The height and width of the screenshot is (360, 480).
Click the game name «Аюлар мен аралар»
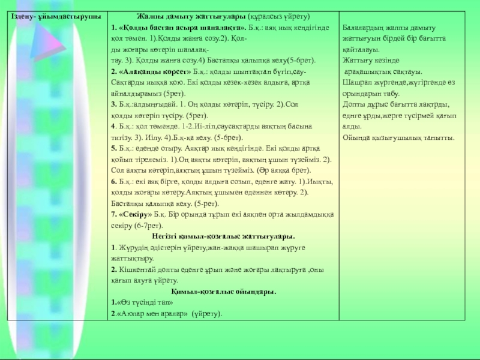coord(149,313)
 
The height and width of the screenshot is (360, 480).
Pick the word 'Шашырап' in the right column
coord(356,82)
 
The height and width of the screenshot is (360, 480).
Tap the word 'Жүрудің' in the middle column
coord(131,247)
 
